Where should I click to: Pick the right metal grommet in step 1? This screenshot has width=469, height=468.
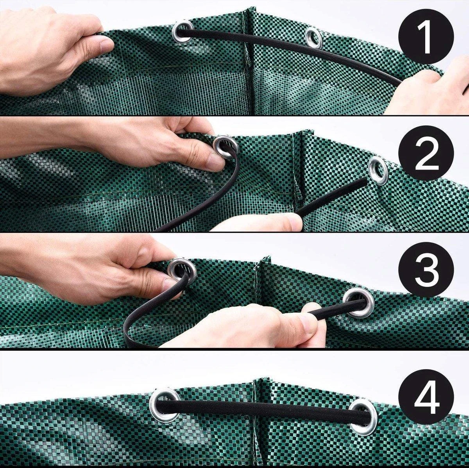point(313,38)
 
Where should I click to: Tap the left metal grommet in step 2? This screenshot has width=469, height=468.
point(226,146)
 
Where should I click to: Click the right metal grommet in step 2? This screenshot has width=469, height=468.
point(378,170)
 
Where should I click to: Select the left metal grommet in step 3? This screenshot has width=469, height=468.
point(182,270)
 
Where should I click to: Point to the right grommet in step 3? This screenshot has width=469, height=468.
point(358,302)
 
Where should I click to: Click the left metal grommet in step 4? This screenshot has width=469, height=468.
point(165,405)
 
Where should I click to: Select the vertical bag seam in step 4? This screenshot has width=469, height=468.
point(255,422)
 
